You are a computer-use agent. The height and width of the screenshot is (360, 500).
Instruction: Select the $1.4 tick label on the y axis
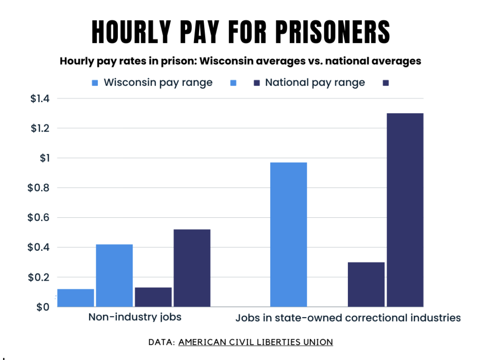point(40,99)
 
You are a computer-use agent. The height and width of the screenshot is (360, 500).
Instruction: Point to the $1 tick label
point(44,158)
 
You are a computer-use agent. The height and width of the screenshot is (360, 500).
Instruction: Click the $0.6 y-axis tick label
point(39,218)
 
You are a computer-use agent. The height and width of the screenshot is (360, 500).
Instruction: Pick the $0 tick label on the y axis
point(43,307)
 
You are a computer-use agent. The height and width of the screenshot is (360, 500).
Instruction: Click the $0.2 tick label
point(39,277)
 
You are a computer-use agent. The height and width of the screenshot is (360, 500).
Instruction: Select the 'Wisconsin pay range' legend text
point(158,83)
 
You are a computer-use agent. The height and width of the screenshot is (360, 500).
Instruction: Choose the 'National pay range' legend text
point(315,83)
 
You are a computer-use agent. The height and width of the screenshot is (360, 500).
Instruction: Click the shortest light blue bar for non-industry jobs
point(75,298)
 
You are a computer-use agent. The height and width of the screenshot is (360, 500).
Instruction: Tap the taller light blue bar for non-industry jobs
point(114,275)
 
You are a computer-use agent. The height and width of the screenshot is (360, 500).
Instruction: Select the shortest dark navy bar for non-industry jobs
point(153,297)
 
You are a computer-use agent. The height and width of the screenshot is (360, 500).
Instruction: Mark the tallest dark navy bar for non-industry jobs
point(192,268)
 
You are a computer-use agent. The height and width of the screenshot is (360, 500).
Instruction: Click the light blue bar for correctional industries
point(289,234)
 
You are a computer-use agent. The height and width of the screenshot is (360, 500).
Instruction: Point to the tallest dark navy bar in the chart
point(405,210)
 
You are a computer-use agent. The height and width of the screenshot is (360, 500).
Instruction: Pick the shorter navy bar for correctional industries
point(366,284)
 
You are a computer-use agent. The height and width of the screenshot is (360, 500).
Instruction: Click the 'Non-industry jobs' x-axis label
point(135,317)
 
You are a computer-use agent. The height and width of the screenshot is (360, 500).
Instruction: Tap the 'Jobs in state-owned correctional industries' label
point(348,318)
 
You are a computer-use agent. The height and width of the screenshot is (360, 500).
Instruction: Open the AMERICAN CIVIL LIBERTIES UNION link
point(256,342)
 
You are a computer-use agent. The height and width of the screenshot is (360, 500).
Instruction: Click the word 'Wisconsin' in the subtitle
point(222,61)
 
